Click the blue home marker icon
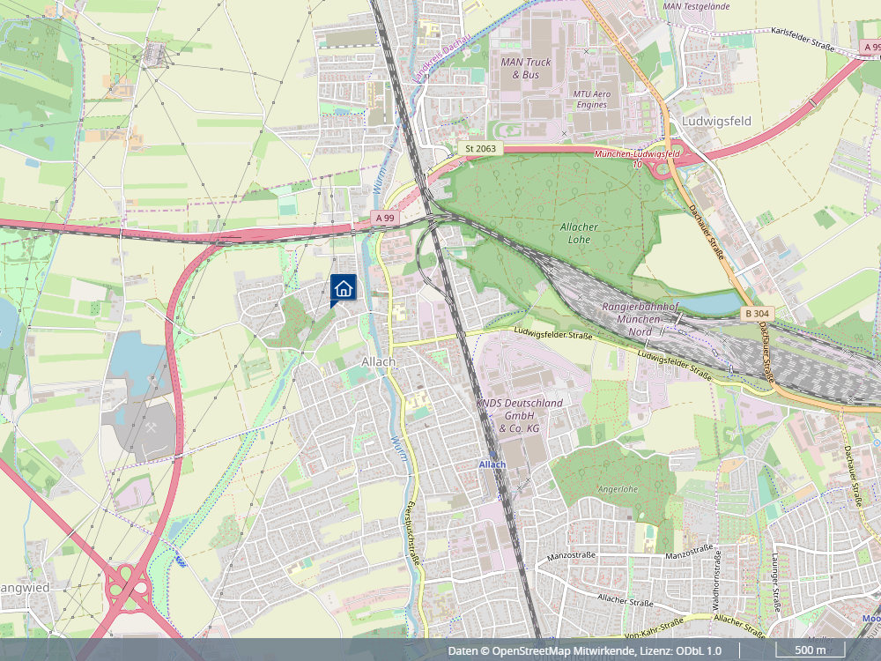pos(344,287)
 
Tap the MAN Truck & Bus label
pos(525,69)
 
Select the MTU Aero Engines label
pos(590,99)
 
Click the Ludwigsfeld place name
pos(716,121)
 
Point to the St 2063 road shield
pos(479,149)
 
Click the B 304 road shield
pos(757,314)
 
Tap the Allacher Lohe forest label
pos(579,233)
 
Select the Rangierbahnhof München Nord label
pos(640,318)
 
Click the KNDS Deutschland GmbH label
pos(519,415)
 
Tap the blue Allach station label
pos(492,464)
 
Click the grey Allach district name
pos(379,362)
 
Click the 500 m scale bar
pos(810,650)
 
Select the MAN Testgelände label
pos(696,5)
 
